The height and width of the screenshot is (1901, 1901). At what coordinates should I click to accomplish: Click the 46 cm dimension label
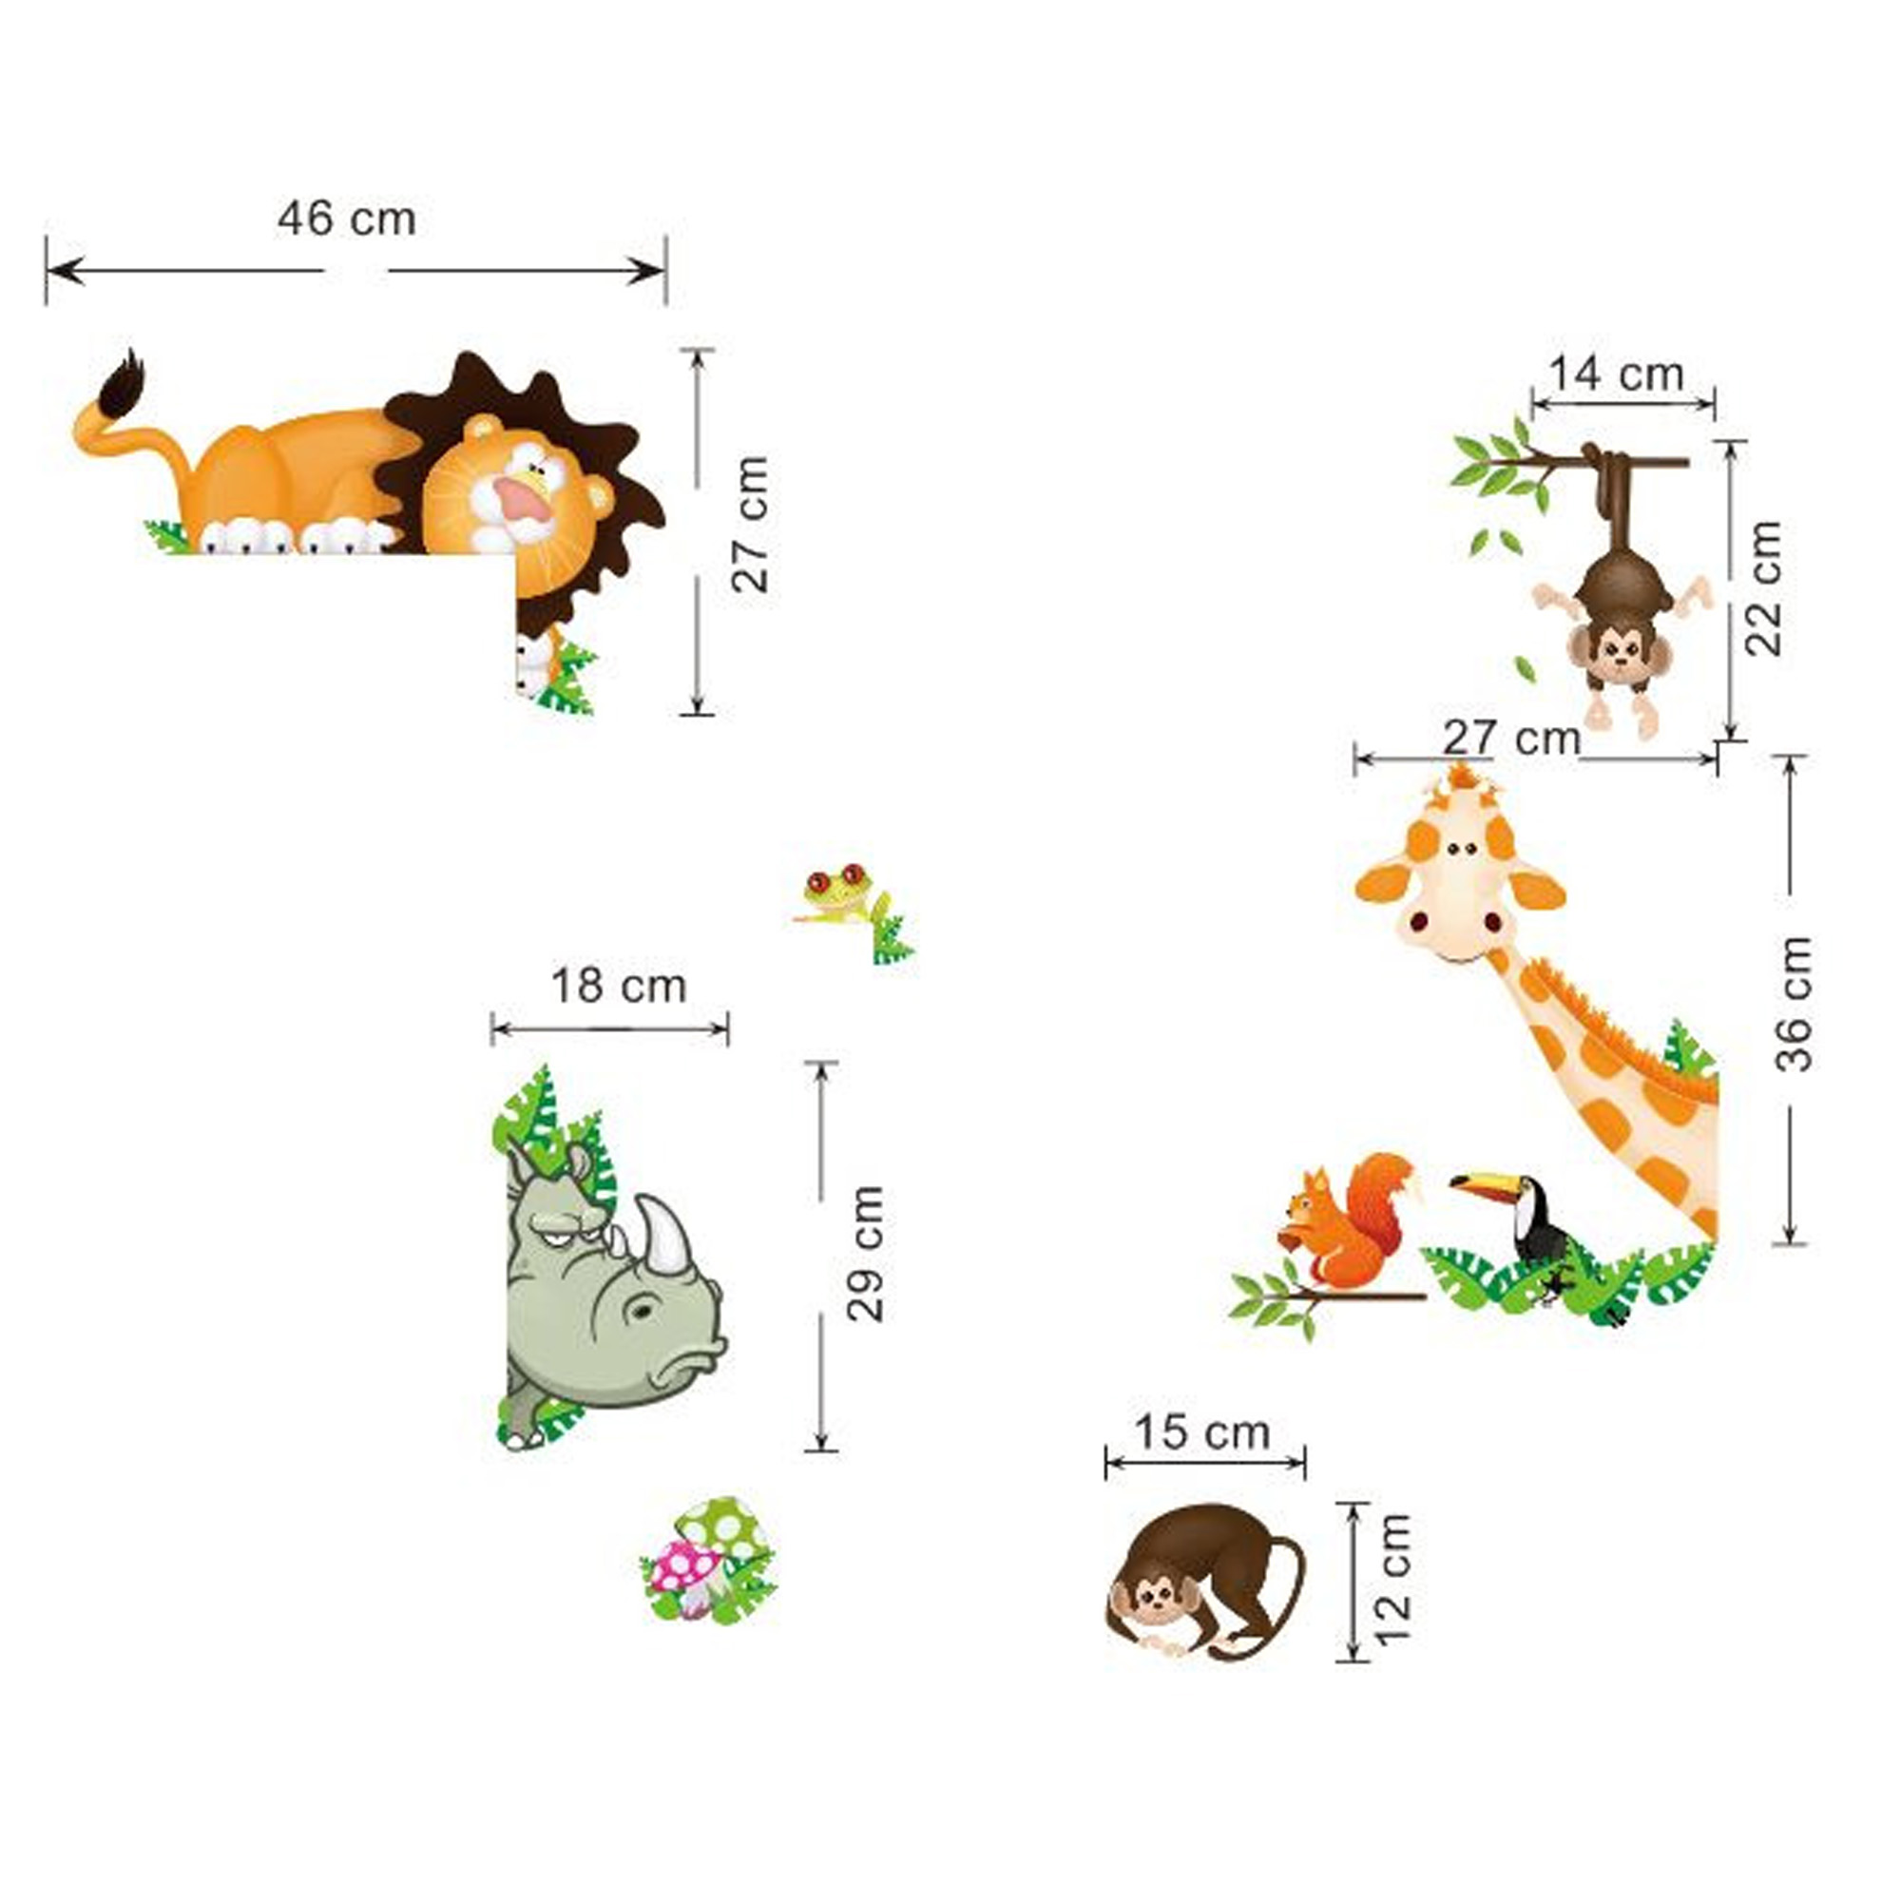(x=346, y=219)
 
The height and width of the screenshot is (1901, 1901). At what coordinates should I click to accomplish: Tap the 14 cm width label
(x=1617, y=374)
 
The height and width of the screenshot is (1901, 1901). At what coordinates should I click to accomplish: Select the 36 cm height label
(x=1793, y=1004)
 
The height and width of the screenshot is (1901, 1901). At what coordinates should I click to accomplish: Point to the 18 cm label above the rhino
(x=618, y=986)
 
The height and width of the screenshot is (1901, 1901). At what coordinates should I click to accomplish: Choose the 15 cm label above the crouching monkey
(x=1202, y=1432)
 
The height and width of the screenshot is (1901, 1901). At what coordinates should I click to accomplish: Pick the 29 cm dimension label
(x=866, y=1255)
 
